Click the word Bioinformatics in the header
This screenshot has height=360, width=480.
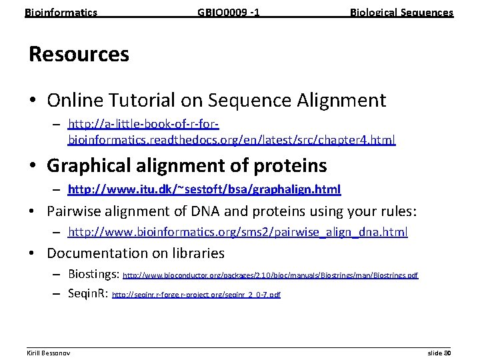pos(61,12)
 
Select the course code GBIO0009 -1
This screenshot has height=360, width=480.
pos(228,12)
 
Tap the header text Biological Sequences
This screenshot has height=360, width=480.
pos(401,12)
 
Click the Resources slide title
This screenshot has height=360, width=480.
pos(79,54)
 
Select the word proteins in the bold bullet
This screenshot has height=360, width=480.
pos(287,165)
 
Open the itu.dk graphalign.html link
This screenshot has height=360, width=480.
pos(204,190)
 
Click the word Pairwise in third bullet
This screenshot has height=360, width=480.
pos(75,211)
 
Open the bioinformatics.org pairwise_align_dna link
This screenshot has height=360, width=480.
pos(238,232)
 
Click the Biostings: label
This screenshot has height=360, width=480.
pos(93,274)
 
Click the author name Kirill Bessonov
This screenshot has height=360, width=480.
pos(49,352)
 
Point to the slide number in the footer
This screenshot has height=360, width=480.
pos(439,352)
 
